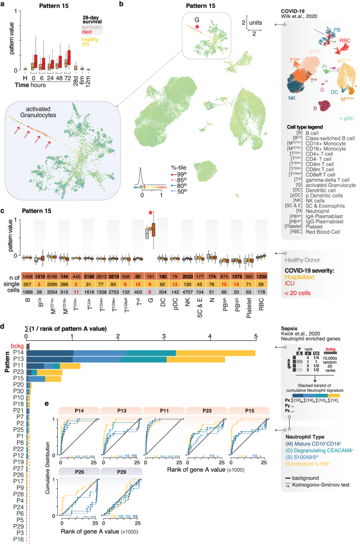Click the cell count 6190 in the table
[x=52, y=276]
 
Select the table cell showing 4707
[x=189, y=292]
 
